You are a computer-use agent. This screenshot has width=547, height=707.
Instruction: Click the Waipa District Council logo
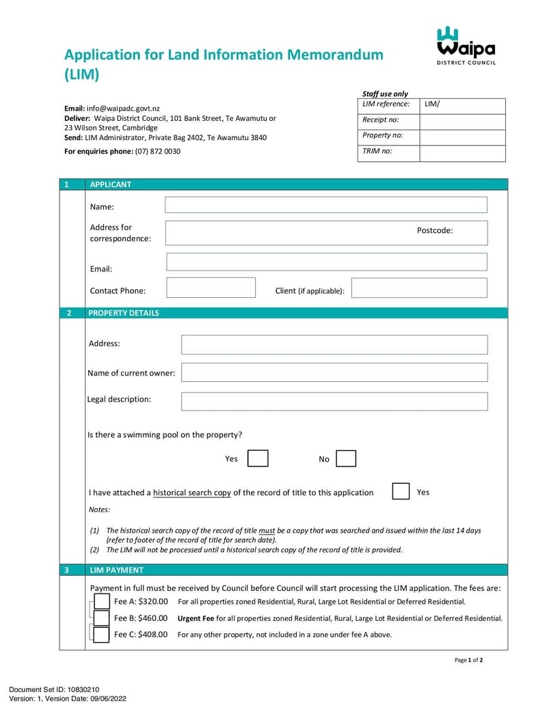tap(466, 45)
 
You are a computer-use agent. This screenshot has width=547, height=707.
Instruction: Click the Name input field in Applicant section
tap(325, 205)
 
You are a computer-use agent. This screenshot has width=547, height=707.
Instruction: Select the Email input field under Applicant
tap(326, 262)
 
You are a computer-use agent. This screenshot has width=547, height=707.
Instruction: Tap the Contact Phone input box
tap(211, 288)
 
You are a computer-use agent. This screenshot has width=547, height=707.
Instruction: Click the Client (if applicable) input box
tap(418, 288)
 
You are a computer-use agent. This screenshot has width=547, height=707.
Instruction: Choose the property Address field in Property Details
tap(334, 344)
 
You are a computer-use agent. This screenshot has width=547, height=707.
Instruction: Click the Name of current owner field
tap(334, 372)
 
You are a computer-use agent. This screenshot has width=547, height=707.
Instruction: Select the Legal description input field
tap(334, 401)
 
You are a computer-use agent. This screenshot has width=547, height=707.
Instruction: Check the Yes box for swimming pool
tap(257, 458)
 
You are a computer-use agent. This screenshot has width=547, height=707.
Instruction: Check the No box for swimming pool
tap(346, 458)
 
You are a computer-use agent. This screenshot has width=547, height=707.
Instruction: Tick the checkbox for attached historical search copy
tap(401, 491)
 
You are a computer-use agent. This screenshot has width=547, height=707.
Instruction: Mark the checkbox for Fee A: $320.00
tap(101, 601)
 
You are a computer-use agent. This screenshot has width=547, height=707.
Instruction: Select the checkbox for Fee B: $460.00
tap(101, 618)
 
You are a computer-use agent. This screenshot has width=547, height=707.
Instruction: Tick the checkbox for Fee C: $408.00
tap(101, 635)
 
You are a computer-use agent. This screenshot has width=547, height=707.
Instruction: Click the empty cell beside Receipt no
tap(462, 122)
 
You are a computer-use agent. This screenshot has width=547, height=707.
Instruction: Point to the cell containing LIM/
tap(462, 105)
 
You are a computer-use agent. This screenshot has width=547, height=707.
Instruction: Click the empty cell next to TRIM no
tap(462, 153)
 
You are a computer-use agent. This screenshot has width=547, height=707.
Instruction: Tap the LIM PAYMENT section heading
tap(117, 570)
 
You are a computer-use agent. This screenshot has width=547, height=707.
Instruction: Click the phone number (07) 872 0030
tap(158, 151)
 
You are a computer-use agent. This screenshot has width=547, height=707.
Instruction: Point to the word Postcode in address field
tap(435, 231)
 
